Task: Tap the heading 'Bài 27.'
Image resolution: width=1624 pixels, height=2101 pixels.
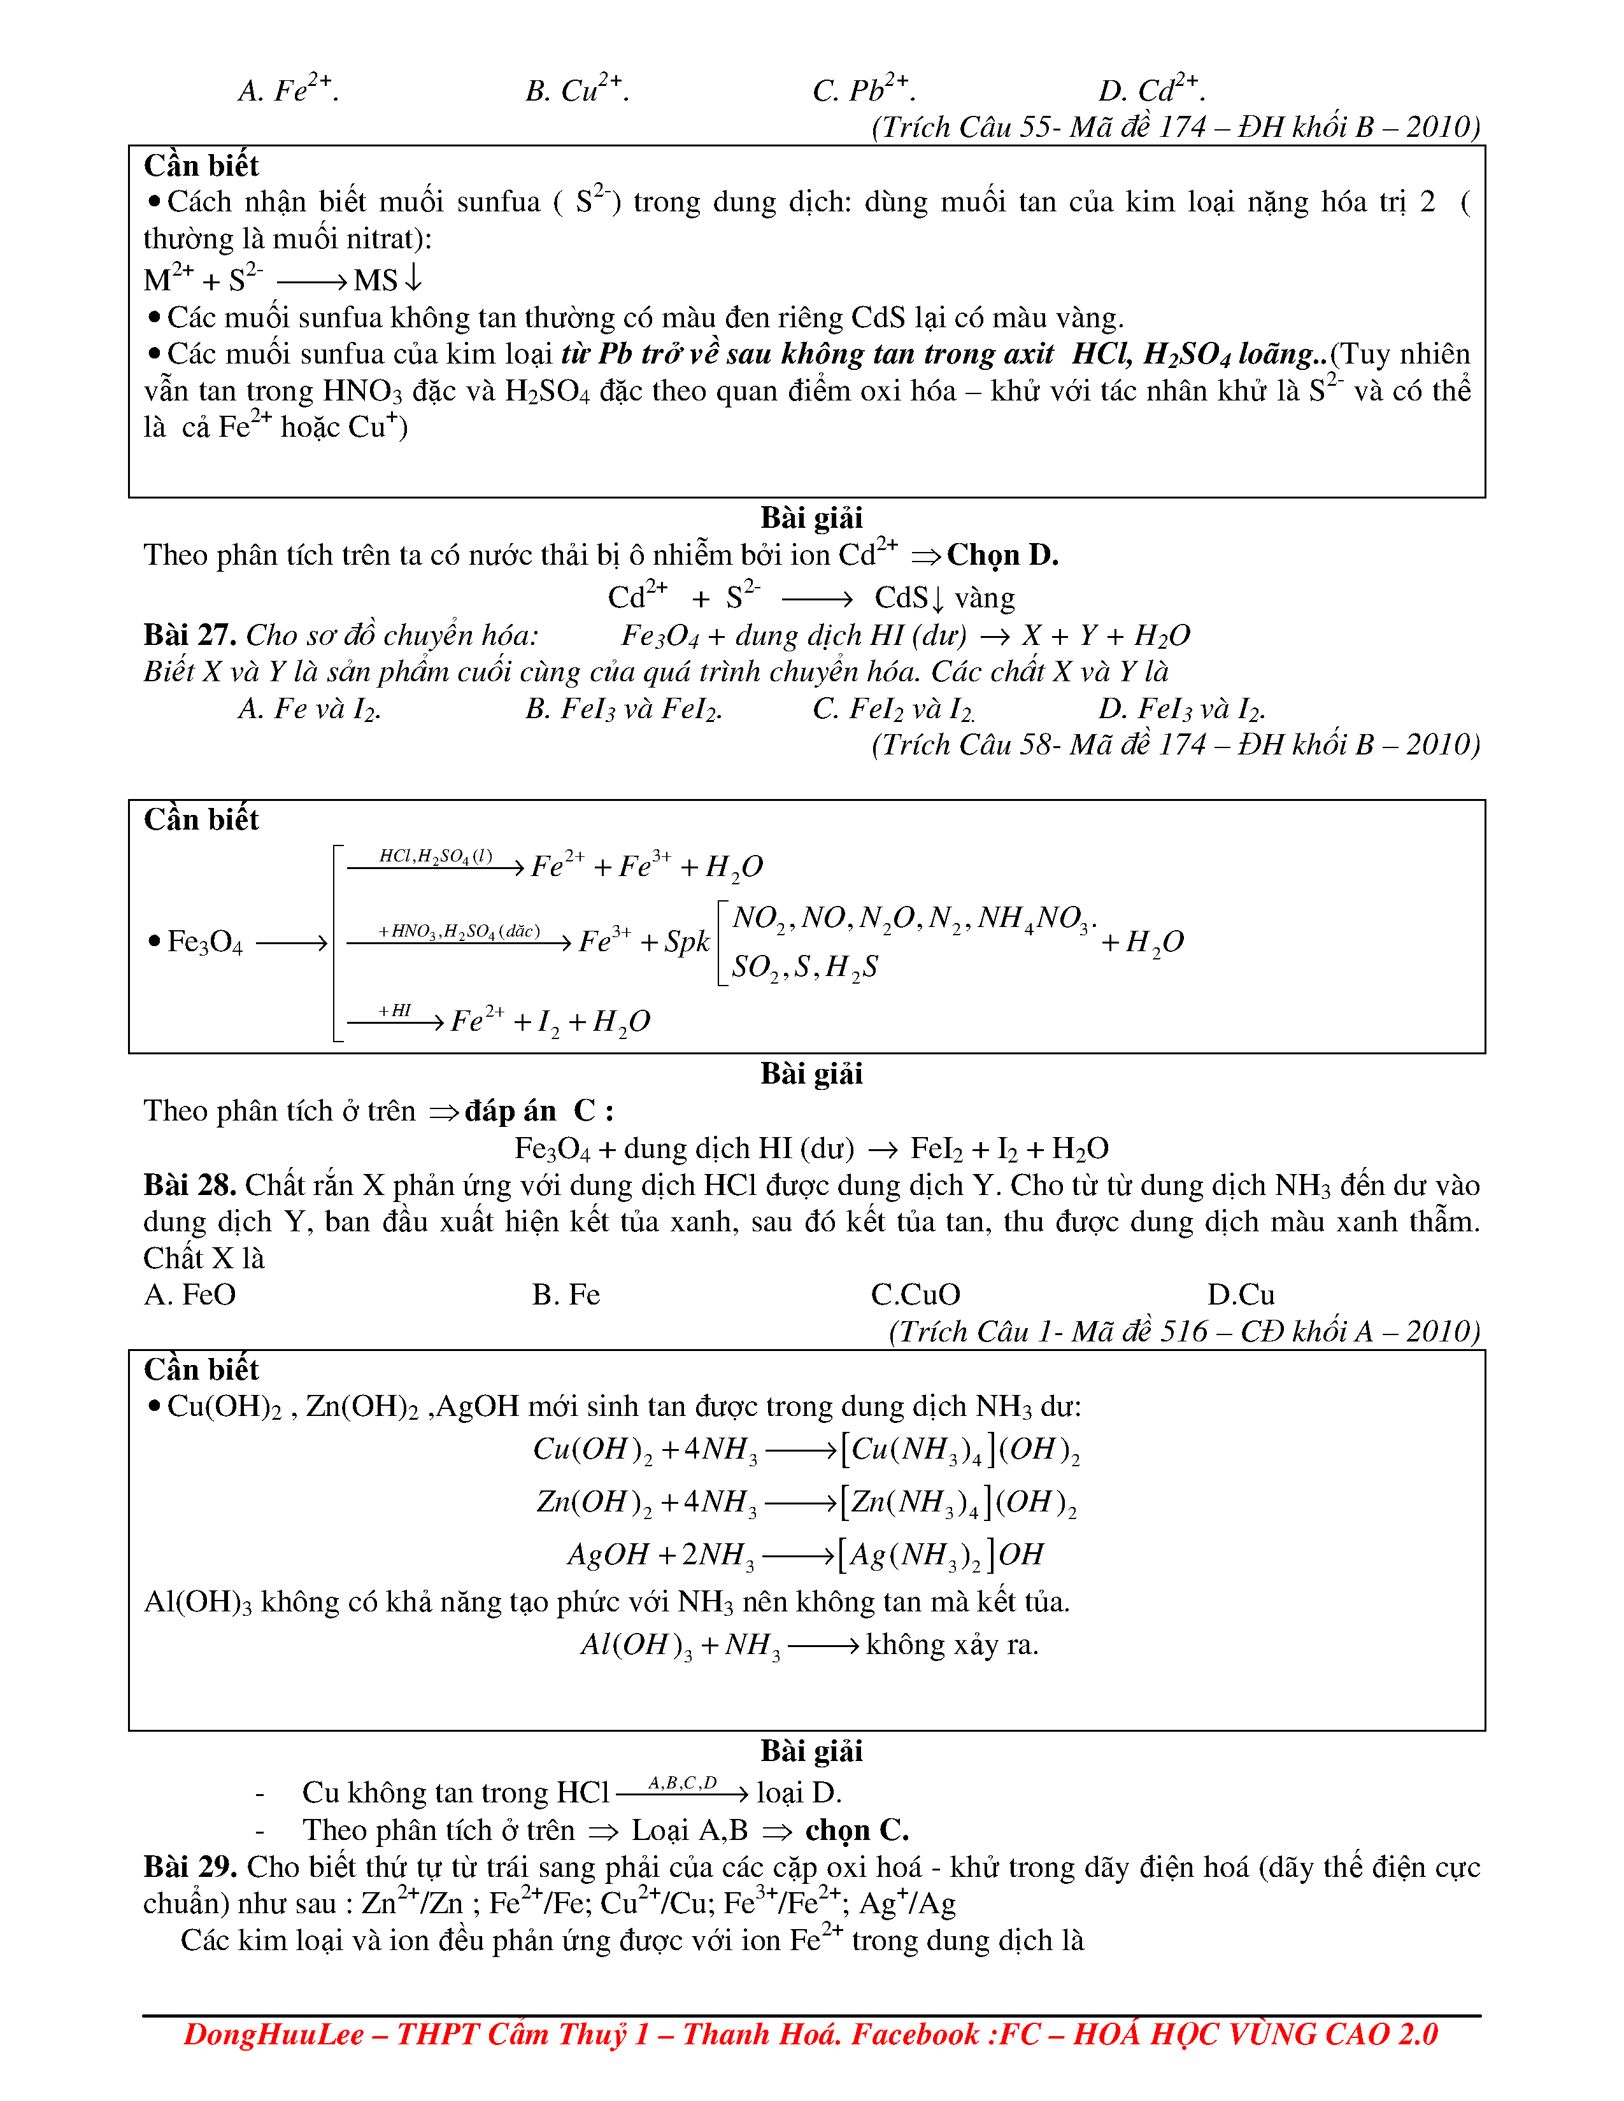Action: coord(190,635)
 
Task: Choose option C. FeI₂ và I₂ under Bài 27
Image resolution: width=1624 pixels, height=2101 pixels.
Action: coord(893,709)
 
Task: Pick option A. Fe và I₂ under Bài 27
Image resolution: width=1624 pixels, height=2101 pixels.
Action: coord(309,709)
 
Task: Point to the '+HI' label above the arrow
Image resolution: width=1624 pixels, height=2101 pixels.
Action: coord(394,1010)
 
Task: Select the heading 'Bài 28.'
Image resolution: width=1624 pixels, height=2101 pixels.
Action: coord(190,1185)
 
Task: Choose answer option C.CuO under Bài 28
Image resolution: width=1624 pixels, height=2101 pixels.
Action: coord(915,1295)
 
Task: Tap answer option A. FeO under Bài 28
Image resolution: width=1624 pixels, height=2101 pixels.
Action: coord(190,1295)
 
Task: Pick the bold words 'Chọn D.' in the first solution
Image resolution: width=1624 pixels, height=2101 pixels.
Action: coord(1002,555)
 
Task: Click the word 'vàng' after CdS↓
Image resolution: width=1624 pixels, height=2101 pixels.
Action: coord(984,598)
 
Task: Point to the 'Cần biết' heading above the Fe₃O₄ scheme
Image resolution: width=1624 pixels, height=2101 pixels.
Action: coord(201,819)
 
